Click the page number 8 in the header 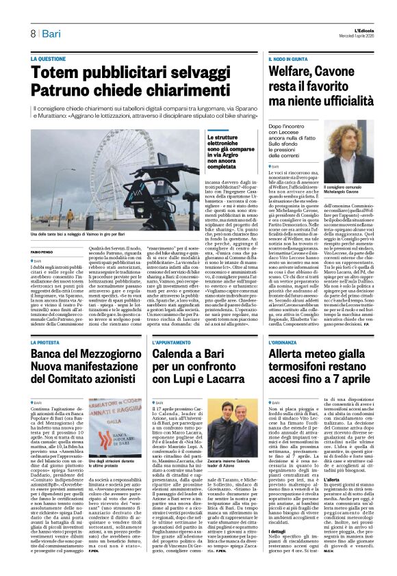(x=32, y=34)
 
